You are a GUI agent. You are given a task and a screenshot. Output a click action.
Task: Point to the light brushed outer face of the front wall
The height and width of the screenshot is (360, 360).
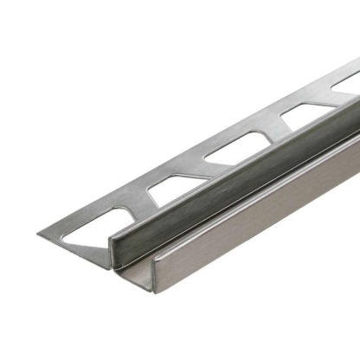point(260,216)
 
